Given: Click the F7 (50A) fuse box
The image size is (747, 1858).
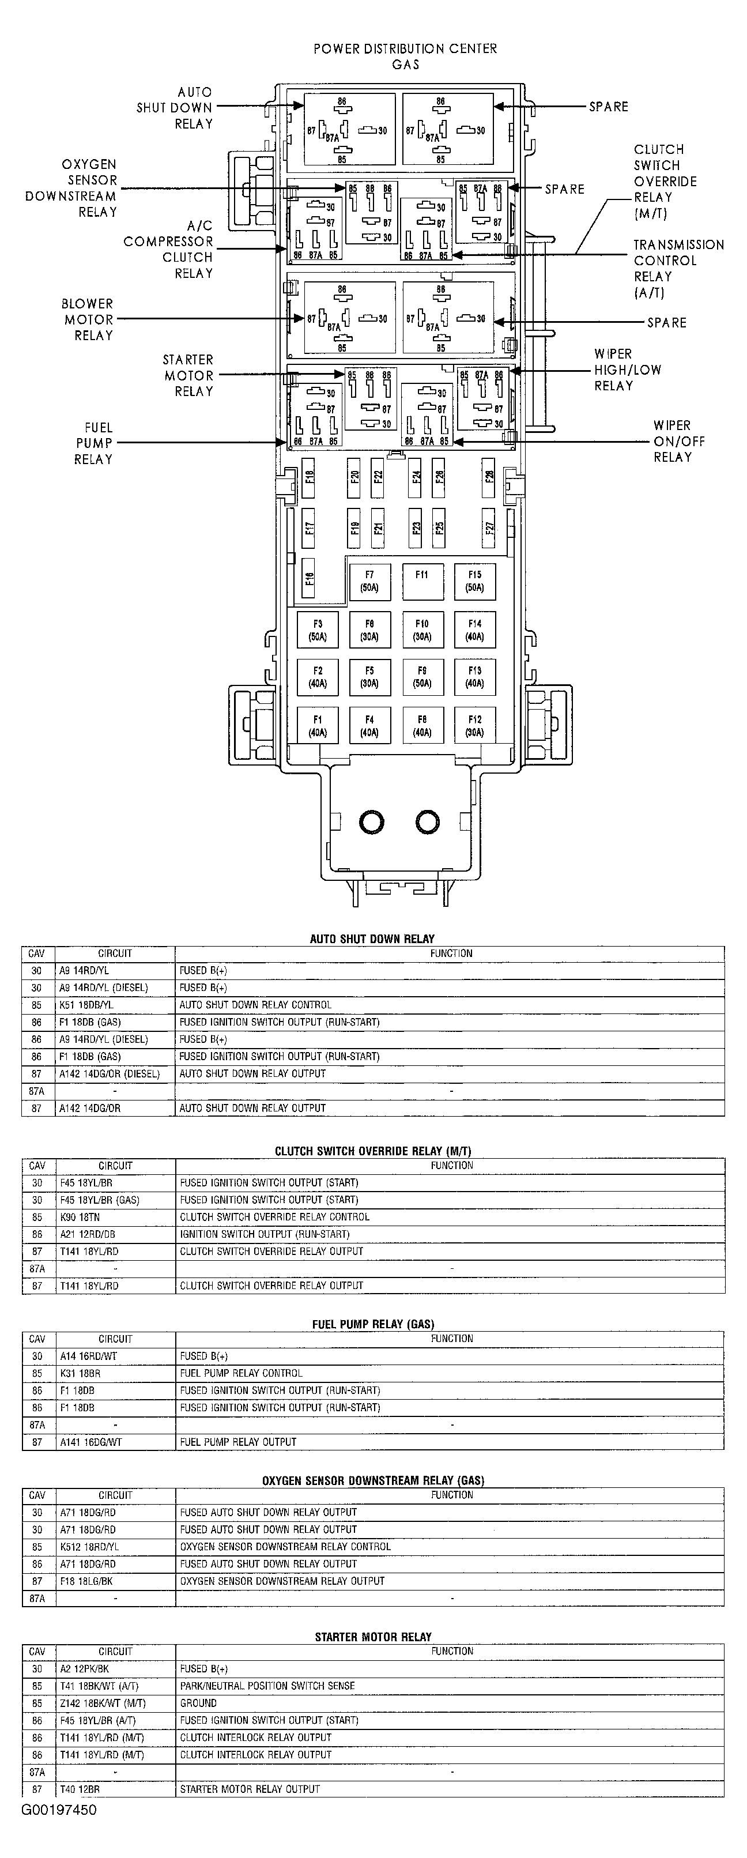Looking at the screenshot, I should (369, 581).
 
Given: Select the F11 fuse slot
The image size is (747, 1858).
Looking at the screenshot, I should (422, 581).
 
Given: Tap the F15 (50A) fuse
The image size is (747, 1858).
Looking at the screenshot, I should (474, 581).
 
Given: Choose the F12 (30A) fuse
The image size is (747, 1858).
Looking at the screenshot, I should (474, 726).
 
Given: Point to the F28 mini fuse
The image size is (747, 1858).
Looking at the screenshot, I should (489, 477).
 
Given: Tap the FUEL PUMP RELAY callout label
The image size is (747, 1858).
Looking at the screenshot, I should (95, 443).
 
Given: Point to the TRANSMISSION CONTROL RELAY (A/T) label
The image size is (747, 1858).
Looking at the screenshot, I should (678, 268).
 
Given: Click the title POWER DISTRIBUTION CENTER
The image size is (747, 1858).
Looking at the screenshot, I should (405, 49).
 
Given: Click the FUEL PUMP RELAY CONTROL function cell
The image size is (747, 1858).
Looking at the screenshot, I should (241, 1373).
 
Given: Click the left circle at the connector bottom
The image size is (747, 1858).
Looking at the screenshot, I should (371, 821).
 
